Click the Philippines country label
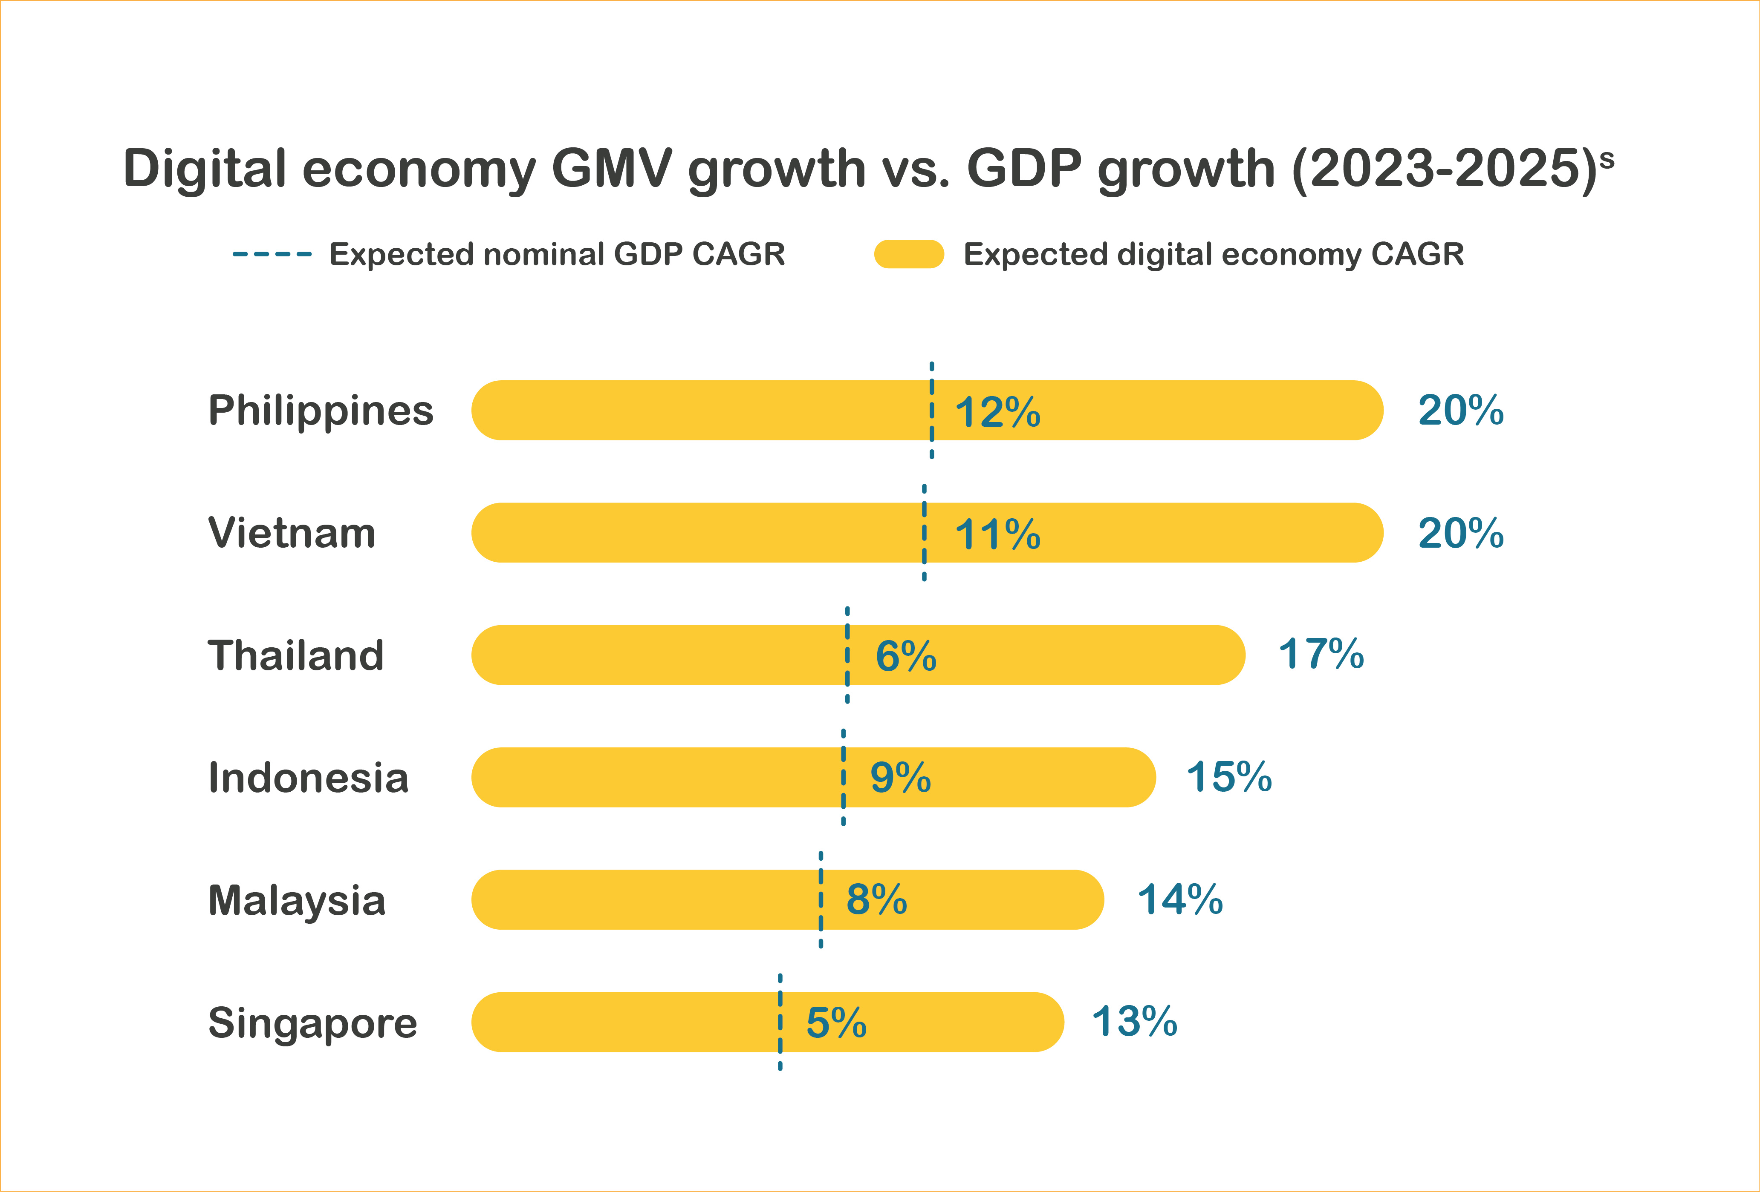pos(321,411)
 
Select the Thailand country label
pos(295,655)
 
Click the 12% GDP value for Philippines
pos(997,413)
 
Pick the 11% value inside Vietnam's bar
pos(997,534)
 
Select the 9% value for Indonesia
pos(900,778)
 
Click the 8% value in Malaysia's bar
pos(877,900)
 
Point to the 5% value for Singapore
pos(836,1023)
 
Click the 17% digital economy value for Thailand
pos(1321,655)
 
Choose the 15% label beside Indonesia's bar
pos(1229,777)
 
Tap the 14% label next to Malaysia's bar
pos(1180,900)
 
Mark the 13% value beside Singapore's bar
pos(1134,1022)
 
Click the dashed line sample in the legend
pos(272,254)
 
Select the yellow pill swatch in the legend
pos(909,254)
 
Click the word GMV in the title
pos(612,168)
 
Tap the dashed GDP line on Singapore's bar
pos(780,1022)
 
